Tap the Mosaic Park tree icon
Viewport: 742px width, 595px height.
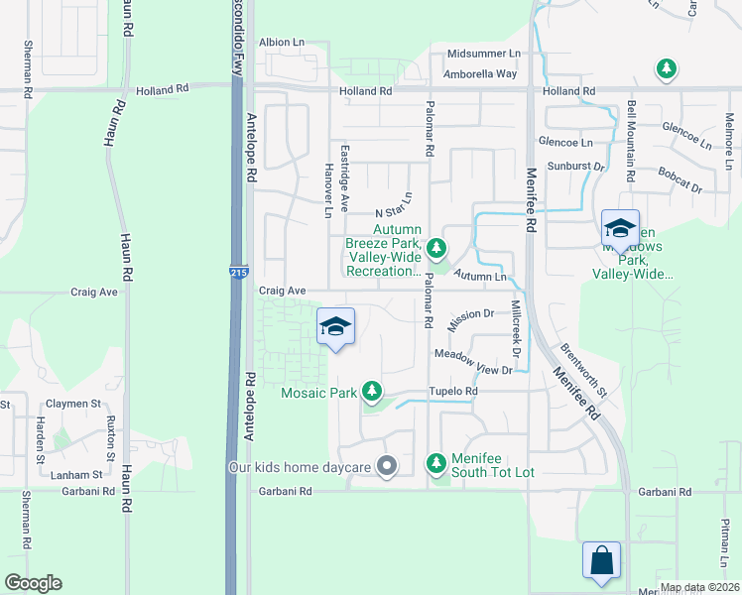(x=372, y=392)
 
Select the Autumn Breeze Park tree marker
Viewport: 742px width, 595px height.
(x=436, y=247)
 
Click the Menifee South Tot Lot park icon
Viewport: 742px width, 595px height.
(x=435, y=462)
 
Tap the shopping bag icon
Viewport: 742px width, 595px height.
(x=601, y=560)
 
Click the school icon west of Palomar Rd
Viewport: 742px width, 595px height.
(x=335, y=327)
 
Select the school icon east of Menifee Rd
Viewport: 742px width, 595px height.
(x=620, y=228)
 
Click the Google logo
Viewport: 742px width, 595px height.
(x=32, y=583)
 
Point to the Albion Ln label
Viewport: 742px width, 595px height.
(x=282, y=43)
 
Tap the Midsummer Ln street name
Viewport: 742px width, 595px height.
(x=483, y=53)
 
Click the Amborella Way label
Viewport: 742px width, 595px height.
(x=481, y=73)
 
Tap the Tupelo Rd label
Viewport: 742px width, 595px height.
(x=453, y=392)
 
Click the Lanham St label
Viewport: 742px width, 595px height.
(x=76, y=475)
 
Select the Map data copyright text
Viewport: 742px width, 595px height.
(x=698, y=587)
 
